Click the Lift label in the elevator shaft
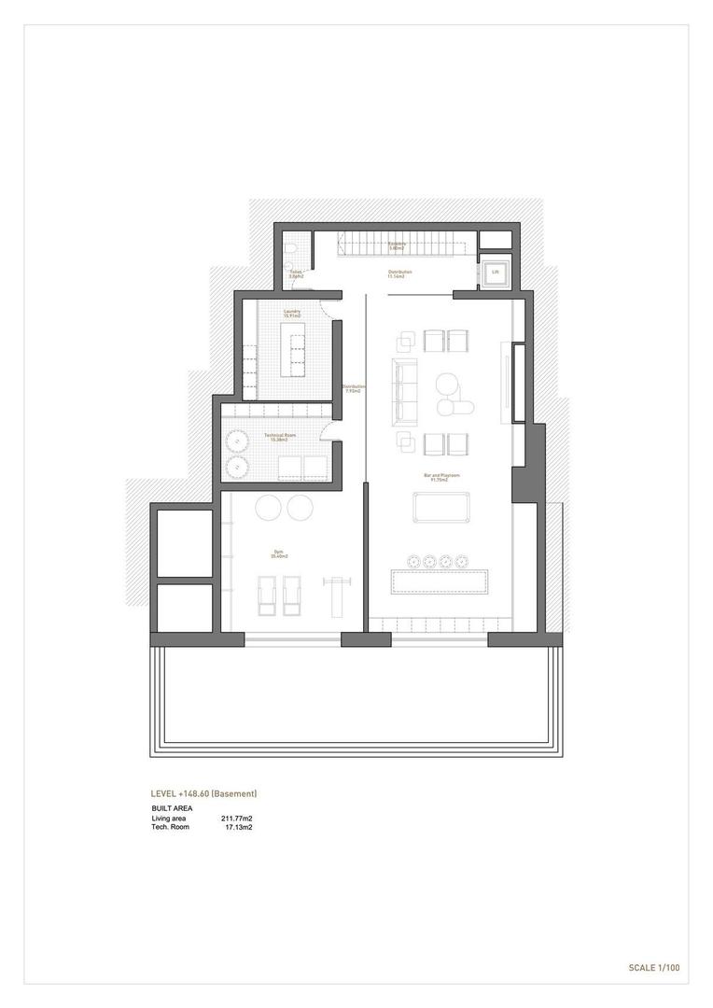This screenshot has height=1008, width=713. [495, 273]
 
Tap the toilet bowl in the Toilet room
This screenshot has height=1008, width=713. [292, 247]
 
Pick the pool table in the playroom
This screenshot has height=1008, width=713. [440, 507]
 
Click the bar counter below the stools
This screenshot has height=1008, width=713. [440, 581]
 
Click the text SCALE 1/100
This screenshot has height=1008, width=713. [653, 968]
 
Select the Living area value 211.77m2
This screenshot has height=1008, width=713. [236, 819]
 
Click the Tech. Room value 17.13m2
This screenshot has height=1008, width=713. [239, 827]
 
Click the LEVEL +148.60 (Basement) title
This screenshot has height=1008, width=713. [203, 793]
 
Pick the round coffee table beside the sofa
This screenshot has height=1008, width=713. [447, 384]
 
